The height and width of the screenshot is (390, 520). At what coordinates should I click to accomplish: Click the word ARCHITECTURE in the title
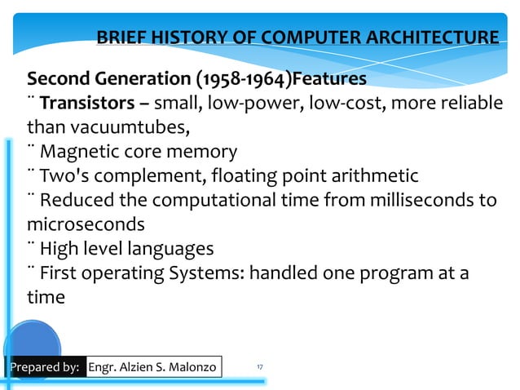(434, 38)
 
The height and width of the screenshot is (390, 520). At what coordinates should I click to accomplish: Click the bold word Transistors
(83, 104)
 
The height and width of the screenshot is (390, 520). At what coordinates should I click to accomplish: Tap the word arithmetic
(368, 175)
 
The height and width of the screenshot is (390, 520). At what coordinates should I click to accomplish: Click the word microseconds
(86, 224)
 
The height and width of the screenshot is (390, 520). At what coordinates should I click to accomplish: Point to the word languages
(168, 248)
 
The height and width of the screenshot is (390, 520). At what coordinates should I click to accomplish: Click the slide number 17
(259, 367)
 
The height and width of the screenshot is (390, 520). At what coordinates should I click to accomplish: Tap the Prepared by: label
(44, 367)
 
